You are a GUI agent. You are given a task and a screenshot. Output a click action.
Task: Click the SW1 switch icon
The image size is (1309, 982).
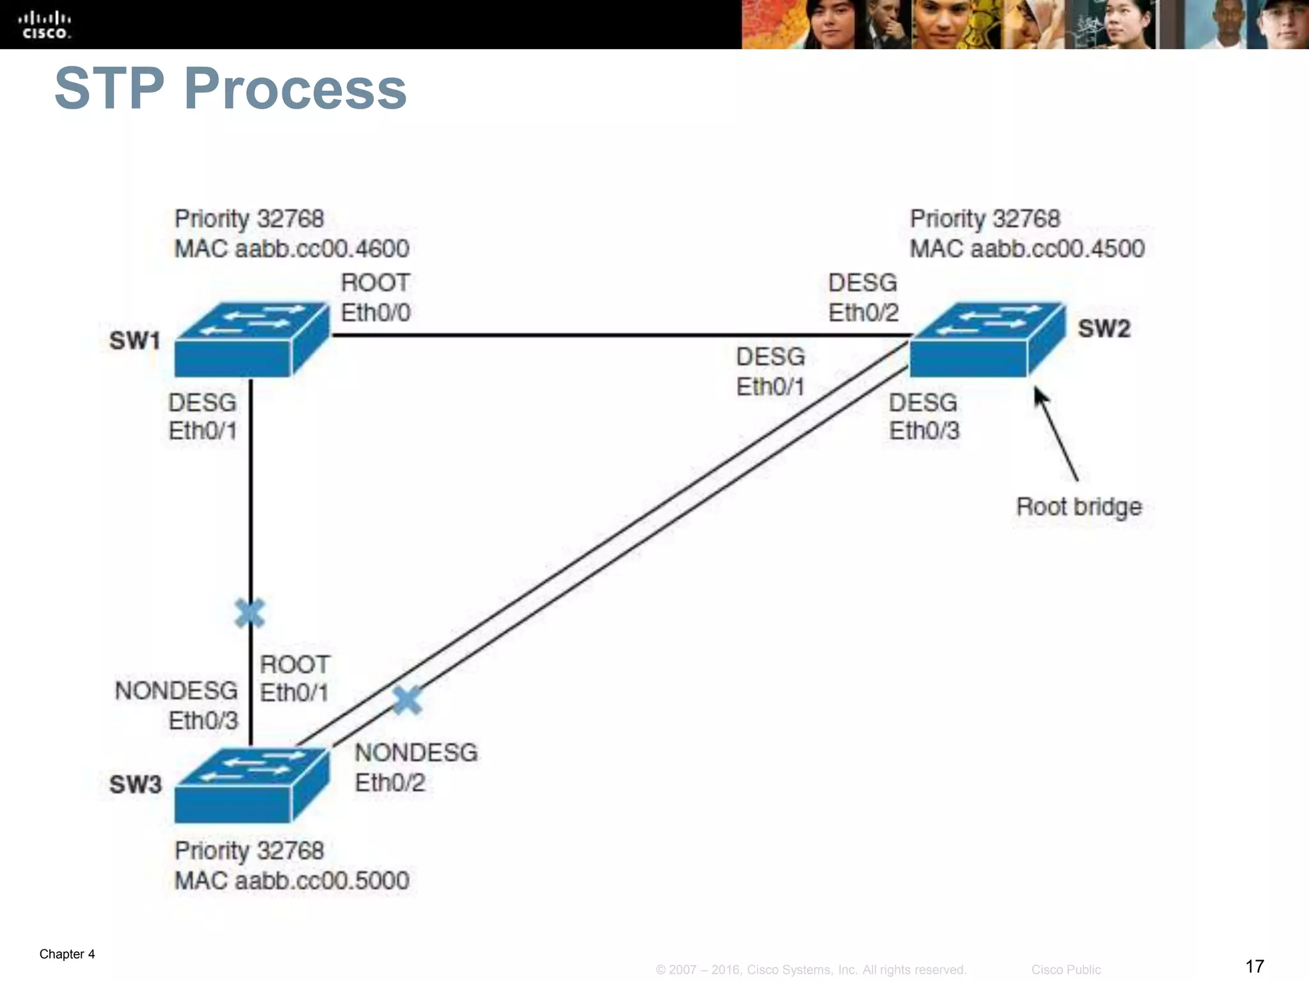251,340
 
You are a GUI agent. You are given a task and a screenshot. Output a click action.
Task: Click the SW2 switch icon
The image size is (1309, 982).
987,340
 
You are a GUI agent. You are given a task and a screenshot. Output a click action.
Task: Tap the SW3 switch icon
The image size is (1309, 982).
251,786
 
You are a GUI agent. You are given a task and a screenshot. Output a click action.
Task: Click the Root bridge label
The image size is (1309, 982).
1079,507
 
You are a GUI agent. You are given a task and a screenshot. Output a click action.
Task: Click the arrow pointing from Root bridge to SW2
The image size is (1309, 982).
1056,434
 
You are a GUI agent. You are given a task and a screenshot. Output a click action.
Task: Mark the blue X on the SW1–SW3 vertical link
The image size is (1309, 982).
249,614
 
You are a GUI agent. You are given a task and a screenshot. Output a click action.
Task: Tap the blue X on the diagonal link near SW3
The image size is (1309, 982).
407,700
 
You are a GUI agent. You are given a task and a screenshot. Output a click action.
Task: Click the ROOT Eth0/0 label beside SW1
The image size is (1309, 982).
375,298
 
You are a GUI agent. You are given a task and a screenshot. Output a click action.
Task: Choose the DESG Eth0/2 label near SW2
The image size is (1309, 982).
863,298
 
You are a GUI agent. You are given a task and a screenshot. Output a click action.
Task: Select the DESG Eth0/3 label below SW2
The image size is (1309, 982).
924,417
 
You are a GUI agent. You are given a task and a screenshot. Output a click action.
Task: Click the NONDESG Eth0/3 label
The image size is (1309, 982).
177,706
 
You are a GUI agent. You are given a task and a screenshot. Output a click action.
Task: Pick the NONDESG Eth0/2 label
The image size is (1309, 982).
415,767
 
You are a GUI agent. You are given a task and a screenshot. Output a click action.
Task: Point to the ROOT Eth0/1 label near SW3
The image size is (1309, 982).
295,679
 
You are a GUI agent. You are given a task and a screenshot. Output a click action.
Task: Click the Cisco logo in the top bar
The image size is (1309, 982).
45,25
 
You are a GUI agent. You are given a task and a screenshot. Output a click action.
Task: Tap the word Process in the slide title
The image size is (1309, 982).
295,89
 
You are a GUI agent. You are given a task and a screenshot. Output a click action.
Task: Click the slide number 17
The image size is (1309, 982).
1255,966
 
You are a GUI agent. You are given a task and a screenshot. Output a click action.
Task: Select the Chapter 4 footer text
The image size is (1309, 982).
67,954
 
